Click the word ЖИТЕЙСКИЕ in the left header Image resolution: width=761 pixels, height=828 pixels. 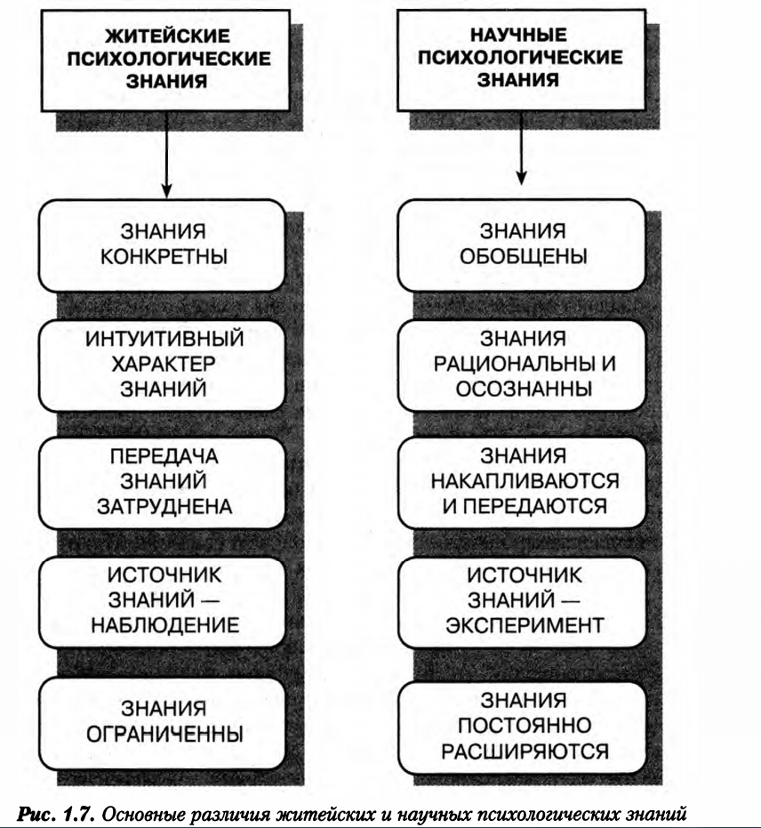167,36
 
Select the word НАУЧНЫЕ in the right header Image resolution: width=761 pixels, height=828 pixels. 519,35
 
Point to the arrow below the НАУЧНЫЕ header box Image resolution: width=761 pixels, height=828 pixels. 521,148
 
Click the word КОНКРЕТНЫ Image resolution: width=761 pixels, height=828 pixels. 164,257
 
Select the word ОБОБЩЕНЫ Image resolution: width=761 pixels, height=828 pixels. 523,257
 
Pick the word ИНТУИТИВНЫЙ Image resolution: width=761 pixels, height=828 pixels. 164,339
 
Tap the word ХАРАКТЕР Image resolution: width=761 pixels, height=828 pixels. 164,364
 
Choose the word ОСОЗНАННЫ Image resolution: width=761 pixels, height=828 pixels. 524,390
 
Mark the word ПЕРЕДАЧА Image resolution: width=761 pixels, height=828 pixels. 164,456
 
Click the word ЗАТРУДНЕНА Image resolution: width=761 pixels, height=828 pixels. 164,507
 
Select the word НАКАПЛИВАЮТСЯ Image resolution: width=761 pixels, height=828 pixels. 525,481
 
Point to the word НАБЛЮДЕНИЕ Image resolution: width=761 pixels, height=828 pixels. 165,625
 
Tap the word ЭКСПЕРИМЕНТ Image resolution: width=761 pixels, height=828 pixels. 525,625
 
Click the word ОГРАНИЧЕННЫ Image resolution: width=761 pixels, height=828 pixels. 164,734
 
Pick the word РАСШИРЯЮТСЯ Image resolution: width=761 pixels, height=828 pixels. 525,751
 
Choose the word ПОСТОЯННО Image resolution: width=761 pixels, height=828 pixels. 525,726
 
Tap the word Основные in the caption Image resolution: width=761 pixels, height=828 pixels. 141,814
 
